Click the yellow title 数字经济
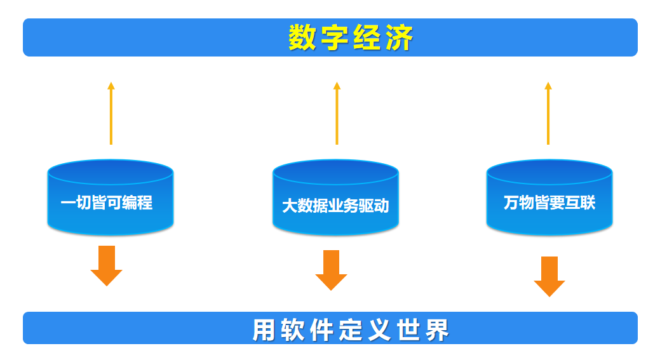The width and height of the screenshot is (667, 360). click(351, 38)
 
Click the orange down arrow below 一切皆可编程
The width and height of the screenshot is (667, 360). click(106, 265)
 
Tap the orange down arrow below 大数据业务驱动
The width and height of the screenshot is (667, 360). click(331, 270)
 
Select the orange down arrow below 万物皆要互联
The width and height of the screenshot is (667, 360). click(549, 276)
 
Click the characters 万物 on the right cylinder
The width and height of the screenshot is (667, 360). click(518, 203)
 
